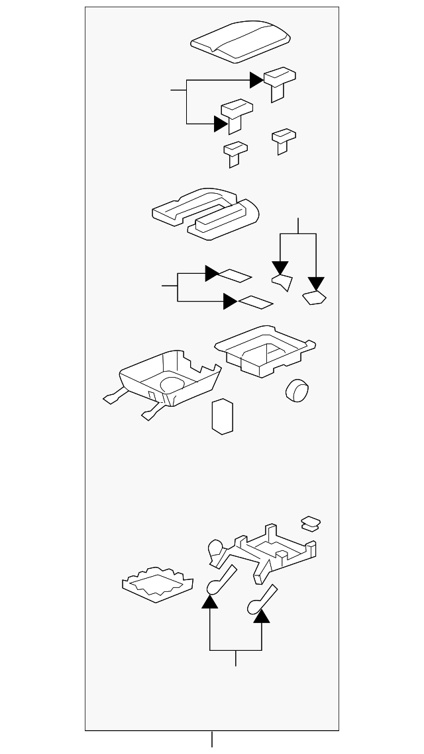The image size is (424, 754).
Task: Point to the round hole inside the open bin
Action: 172,384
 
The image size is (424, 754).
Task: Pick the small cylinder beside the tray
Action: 297,390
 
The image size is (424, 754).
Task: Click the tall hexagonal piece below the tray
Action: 223,416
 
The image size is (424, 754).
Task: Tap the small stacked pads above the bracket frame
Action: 310,523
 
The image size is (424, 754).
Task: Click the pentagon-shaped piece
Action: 314,298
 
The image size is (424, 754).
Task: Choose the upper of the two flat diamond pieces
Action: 235,274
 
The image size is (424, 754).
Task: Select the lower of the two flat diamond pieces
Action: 255,303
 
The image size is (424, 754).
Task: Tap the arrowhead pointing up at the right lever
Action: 262,616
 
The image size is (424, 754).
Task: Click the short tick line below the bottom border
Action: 212,739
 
